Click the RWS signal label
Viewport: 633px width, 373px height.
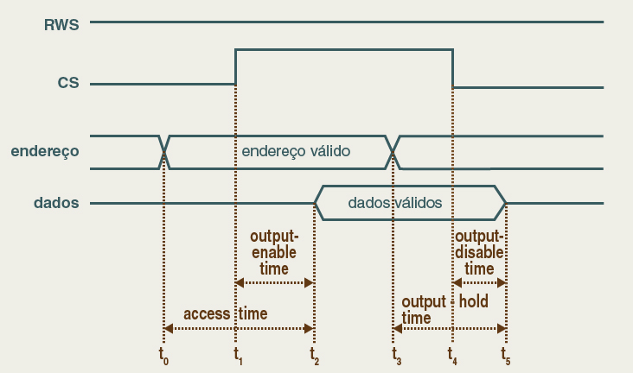pyautogui.click(x=61, y=25)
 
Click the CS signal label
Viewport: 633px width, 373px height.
pyautogui.click(x=68, y=84)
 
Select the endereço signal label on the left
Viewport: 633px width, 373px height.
pyautogui.click(x=45, y=151)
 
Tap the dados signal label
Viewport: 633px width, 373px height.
pyautogui.click(x=56, y=203)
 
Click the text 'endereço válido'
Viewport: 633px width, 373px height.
pyautogui.click(x=296, y=150)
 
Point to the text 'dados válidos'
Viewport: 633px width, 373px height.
pyautogui.click(x=395, y=203)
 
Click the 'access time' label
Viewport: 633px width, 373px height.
pyautogui.click(x=226, y=313)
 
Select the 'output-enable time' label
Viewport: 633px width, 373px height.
pyautogui.click(x=274, y=252)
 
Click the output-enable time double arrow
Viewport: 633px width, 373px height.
pyautogui.click(x=275, y=282)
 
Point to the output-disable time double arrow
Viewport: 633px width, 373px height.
pyautogui.click(x=479, y=282)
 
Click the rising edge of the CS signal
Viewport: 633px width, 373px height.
pyautogui.click(x=236, y=67)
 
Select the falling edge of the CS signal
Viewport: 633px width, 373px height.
pyautogui.click(x=453, y=68)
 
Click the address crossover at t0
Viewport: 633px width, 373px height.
pyautogui.click(x=164, y=151)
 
